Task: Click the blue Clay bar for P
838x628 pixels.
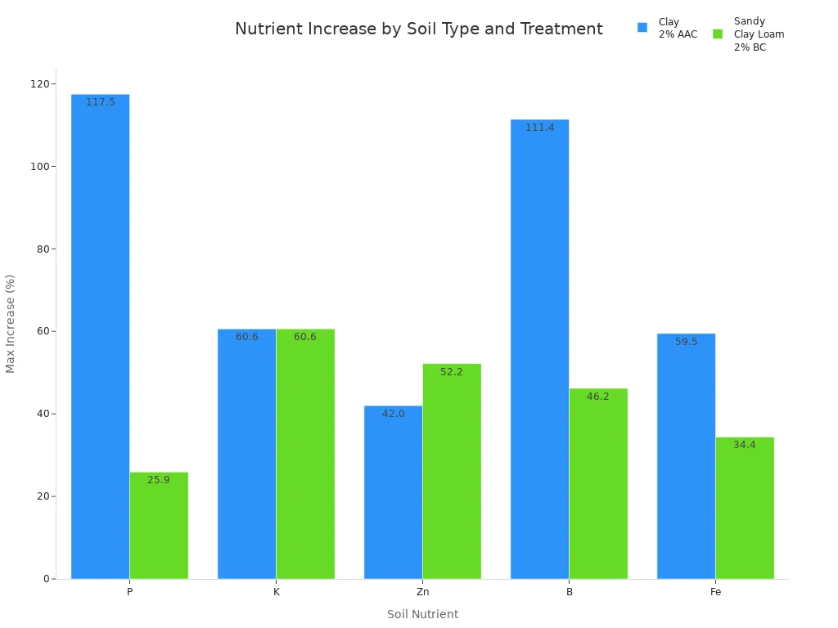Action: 100,336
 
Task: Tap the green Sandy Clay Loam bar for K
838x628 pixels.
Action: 305,454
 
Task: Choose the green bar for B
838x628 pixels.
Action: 598,483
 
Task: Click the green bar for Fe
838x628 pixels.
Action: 745,508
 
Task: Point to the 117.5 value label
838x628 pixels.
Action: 101,102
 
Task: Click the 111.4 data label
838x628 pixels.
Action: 539,128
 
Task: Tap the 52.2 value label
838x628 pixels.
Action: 452,372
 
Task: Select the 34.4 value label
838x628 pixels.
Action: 745,445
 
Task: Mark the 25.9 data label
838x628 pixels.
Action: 159,480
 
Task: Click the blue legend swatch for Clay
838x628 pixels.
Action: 642,28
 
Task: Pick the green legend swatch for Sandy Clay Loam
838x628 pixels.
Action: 718,34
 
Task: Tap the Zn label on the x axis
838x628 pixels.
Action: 422,591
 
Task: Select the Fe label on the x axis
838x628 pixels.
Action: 715,591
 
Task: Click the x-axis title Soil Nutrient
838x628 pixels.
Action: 422,614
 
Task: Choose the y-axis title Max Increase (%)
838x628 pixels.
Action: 11,324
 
